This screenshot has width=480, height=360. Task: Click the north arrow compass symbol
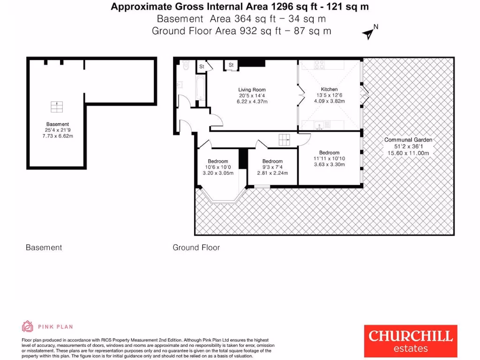coord(370,33)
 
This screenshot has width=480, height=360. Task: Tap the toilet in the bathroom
coord(186,67)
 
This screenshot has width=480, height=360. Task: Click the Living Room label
coord(252,90)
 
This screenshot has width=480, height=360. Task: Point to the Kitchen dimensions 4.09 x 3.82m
coord(329,101)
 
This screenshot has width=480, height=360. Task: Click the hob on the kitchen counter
coord(319,65)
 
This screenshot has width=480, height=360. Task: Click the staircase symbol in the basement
coord(57,107)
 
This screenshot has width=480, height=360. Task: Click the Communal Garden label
coord(408,140)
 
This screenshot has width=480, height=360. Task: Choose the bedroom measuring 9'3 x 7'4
coord(272,167)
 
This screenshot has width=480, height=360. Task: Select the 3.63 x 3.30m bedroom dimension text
coord(329,165)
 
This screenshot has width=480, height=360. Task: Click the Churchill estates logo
coord(410,340)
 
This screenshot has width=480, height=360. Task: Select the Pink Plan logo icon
coord(28,327)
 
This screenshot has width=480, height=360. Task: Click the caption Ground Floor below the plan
coord(196,247)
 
